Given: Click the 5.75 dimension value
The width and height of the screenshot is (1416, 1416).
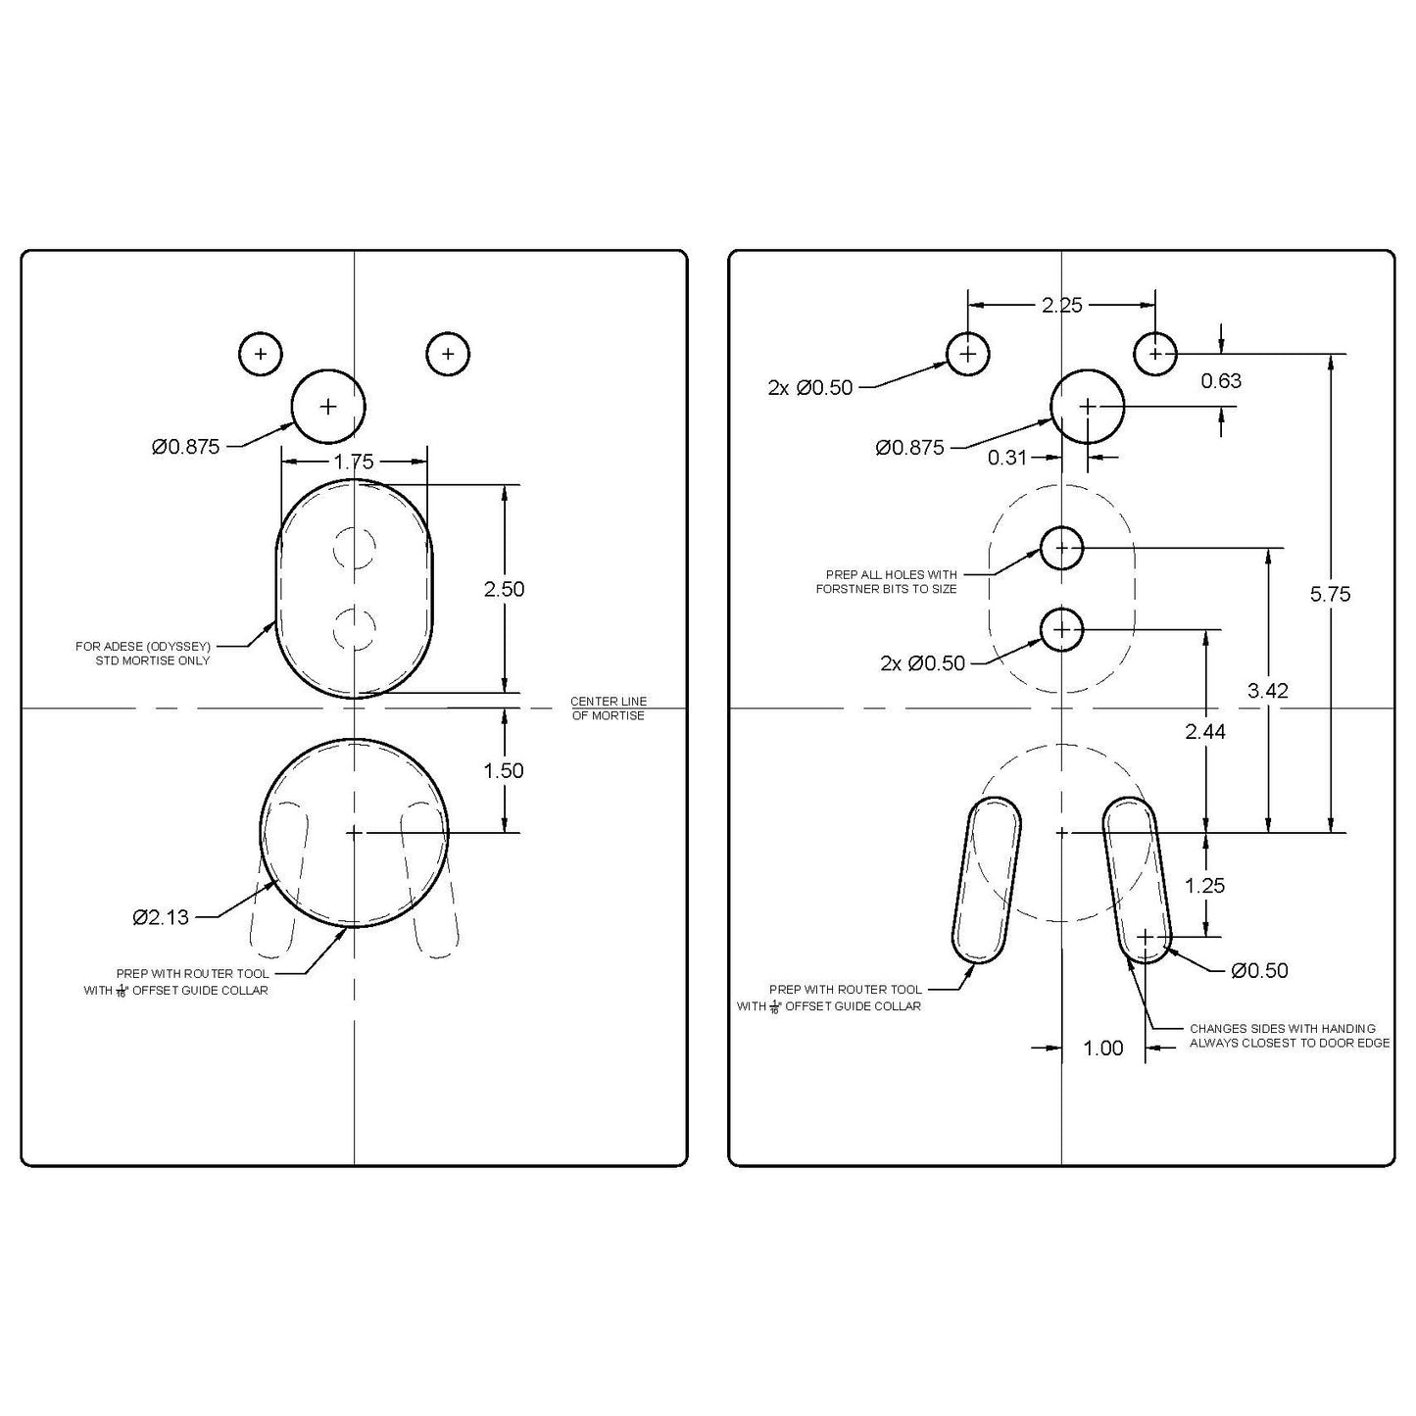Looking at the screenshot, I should pyautogui.click(x=1330, y=594).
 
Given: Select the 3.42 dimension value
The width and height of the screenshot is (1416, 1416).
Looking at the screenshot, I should pyautogui.click(x=1268, y=691).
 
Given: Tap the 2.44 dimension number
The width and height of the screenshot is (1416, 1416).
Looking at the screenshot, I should pyautogui.click(x=1205, y=731).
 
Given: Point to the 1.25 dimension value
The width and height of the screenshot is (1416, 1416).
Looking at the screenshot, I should pyautogui.click(x=1205, y=886).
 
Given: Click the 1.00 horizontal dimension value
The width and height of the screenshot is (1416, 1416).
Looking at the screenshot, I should pyautogui.click(x=1102, y=1049).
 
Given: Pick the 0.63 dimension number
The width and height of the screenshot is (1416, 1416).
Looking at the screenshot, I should pyautogui.click(x=1221, y=381).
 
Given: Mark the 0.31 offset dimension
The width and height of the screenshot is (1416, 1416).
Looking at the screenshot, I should pyautogui.click(x=1007, y=457).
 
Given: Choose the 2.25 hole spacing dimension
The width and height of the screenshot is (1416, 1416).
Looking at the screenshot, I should pyautogui.click(x=1061, y=305).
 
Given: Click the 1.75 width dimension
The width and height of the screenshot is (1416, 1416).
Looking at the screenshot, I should pyautogui.click(x=354, y=462).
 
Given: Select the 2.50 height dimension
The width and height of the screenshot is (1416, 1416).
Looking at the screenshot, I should pyautogui.click(x=504, y=589).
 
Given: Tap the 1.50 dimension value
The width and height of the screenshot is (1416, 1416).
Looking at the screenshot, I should pyautogui.click(x=504, y=771).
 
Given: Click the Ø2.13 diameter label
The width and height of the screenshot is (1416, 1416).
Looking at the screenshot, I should pyautogui.click(x=161, y=917).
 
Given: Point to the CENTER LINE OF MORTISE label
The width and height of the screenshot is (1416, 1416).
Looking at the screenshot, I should pyautogui.click(x=608, y=708).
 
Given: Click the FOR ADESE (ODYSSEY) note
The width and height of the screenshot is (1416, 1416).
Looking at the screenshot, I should pyautogui.click(x=143, y=654).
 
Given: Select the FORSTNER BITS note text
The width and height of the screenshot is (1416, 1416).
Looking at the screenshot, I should pyautogui.click(x=886, y=582).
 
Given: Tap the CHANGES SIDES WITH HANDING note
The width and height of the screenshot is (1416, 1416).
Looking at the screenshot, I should pyautogui.click(x=1289, y=1036).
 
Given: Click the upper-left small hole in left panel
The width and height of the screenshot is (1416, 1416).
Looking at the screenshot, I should pyautogui.click(x=261, y=354).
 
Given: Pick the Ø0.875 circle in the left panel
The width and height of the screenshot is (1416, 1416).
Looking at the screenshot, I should pyautogui.click(x=328, y=406).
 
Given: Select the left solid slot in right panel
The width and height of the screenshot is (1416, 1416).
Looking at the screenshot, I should pyautogui.click(x=987, y=879).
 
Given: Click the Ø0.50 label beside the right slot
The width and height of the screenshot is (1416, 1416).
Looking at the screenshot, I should pyautogui.click(x=1259, y=970).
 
